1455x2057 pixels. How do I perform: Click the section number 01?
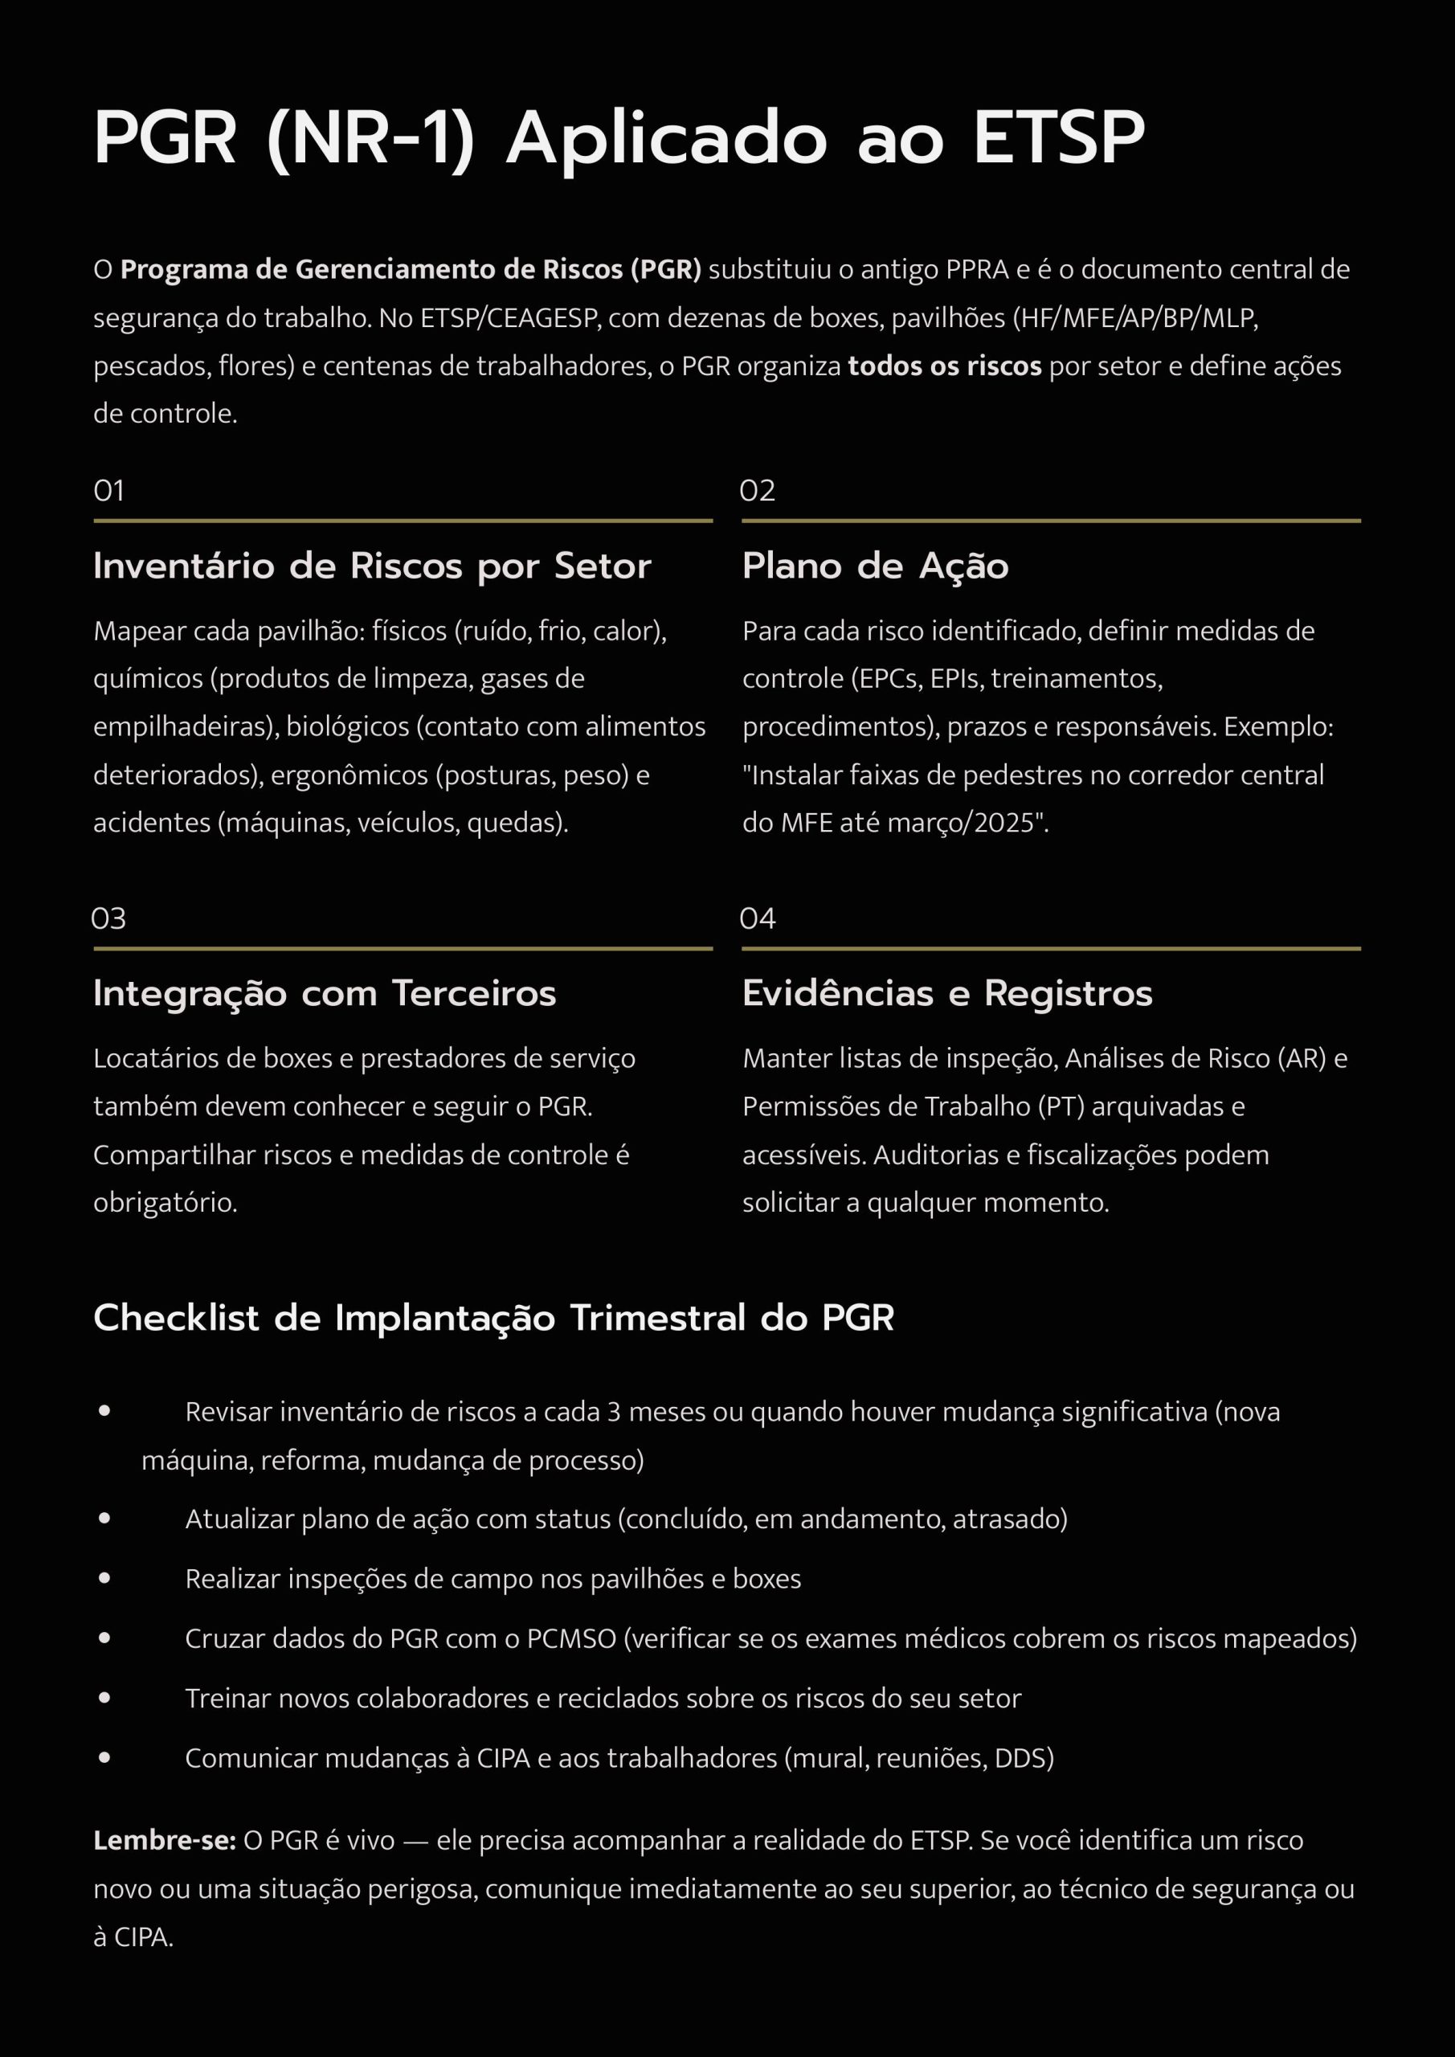tap(108, 490)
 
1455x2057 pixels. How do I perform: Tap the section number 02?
tap(757, 490)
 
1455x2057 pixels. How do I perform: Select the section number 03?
tap(108, 918)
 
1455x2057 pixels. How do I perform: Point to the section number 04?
tap(757, 918)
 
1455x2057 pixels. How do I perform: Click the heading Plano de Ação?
tap(875, 566)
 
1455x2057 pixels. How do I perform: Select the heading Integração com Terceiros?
tap(325, 994)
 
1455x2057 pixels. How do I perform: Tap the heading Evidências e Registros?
tap(947, 994)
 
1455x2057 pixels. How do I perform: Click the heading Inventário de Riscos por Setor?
tap(372, 566)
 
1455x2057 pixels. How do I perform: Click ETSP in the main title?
tap(1059, 139)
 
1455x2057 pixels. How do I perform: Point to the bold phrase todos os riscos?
tap(944, 366)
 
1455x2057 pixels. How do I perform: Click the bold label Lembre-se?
tap(164, 1840)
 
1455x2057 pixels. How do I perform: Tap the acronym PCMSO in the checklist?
tap(570, 1638)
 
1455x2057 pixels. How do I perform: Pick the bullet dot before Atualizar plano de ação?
tap(104, 1519)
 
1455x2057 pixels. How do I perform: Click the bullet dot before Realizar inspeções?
tap(104, 1579)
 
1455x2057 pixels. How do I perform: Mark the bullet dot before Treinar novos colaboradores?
tap(104, 1698)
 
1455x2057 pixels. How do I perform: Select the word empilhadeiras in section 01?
tap(186, 726)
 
